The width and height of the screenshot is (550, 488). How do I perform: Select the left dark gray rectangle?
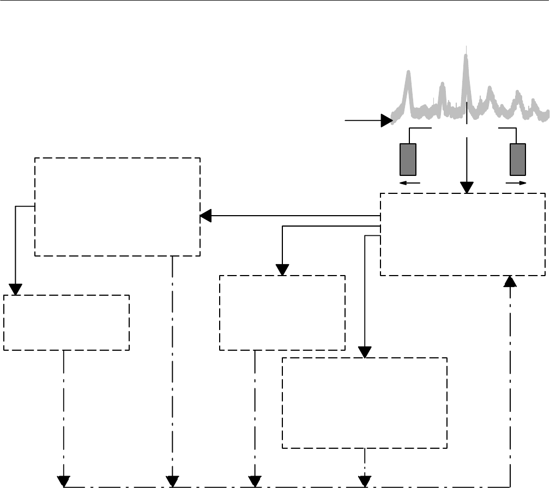click(x=408, y=158)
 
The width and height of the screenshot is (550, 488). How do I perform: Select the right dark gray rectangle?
click(x=517, y=158)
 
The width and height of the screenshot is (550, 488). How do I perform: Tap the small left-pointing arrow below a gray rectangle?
click(x=403, y=184)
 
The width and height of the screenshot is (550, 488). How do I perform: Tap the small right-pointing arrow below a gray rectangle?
click(x=523, y=184)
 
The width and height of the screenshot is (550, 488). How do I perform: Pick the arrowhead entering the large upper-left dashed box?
click(x=206, y=216)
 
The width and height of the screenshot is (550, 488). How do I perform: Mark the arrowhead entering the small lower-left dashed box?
click(x=15, y=289)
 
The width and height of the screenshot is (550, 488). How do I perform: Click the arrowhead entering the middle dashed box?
click(x=282, y=270)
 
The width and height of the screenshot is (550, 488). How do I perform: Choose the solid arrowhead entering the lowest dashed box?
click(x=365, y=352)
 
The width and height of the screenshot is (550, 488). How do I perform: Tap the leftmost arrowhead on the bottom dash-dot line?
click(x=64, y=481)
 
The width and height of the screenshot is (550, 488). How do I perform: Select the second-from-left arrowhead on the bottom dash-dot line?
click(x=172, y=481)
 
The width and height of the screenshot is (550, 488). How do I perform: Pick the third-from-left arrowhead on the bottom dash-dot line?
click(x=255, y=481)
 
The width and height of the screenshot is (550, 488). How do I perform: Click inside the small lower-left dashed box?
click(x=67, y=322)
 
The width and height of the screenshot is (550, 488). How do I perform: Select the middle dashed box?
click(x=282, y=313)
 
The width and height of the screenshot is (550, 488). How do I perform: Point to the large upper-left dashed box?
click(x=117, y=207)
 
